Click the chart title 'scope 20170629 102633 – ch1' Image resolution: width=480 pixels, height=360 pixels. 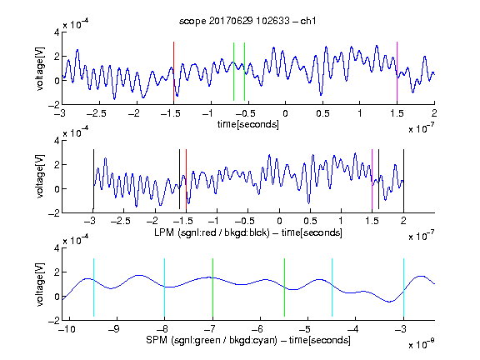(x=247, y=21)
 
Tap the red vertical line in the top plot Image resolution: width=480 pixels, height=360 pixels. (x=173, y=72)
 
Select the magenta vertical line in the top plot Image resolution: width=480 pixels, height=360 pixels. (x=397, y=72)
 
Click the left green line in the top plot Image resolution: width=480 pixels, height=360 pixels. (x=233, y=72)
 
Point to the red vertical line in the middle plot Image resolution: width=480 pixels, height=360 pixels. (x=186, y=179)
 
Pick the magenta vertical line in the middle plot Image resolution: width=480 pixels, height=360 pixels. (x=372, y=179)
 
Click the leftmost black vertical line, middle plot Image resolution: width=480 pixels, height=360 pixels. (x=93, y=179)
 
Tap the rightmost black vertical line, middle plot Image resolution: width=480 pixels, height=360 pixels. (x=403, y=179)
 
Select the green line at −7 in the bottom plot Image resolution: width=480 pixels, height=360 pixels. (x=212, y=287)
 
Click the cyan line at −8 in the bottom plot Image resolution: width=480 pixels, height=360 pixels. (x=164, y=287)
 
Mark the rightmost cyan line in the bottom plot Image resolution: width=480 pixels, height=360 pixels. (x=403, y=287)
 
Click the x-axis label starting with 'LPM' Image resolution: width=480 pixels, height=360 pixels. (x=248, y=232)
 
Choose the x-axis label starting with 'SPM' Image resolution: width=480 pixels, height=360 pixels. (x=248, y=340)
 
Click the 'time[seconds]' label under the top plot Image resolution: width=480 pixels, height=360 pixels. (x=248, y=124)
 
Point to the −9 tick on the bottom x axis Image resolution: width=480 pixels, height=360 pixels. (x=114, y=329)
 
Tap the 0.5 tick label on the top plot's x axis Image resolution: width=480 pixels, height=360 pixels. (x=322, y=113)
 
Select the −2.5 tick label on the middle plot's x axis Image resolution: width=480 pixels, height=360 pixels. (x=120, y=221)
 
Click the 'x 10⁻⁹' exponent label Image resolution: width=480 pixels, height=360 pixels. (x=422, y=344)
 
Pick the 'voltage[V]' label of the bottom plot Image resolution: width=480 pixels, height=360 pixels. (x=40, y=284)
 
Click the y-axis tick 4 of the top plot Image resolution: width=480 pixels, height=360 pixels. (x=57, y=32)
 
